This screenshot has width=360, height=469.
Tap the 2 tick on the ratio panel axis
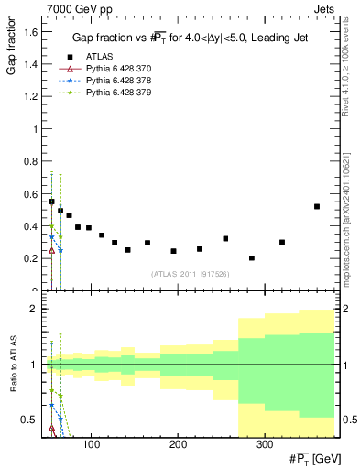[33, 310]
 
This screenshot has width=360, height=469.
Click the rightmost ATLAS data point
[317, 206]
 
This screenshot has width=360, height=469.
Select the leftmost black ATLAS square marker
[51, 202]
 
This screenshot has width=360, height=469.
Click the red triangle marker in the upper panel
[51, 250]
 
